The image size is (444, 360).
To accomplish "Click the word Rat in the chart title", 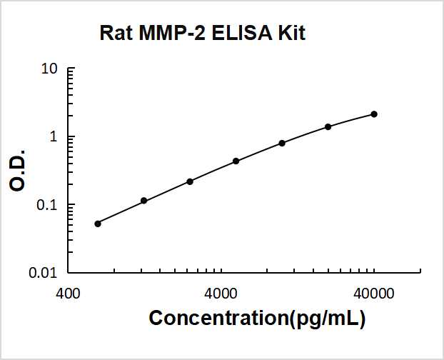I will [112, 33].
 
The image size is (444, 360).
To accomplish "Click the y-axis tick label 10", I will [50, 69].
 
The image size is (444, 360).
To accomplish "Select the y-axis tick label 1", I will [54, 137].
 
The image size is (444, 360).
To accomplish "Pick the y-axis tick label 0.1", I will [48, 205].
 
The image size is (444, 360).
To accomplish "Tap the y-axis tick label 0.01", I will [45, 273].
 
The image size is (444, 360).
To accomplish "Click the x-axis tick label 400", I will [68, 293].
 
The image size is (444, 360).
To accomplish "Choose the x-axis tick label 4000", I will [221, 293].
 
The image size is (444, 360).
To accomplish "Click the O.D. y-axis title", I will [19, 170].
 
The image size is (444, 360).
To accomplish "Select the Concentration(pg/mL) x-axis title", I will [257, 319].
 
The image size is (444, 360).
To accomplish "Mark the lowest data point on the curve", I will [98, 224].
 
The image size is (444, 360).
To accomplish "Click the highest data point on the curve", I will [374, 114].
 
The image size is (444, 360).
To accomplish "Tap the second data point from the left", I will [143, 201].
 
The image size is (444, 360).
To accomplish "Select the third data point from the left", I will [190, 181].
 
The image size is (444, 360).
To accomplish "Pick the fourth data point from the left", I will [236, 161].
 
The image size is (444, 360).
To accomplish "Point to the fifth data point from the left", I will [282, 143].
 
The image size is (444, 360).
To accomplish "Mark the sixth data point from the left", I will [328, 126].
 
